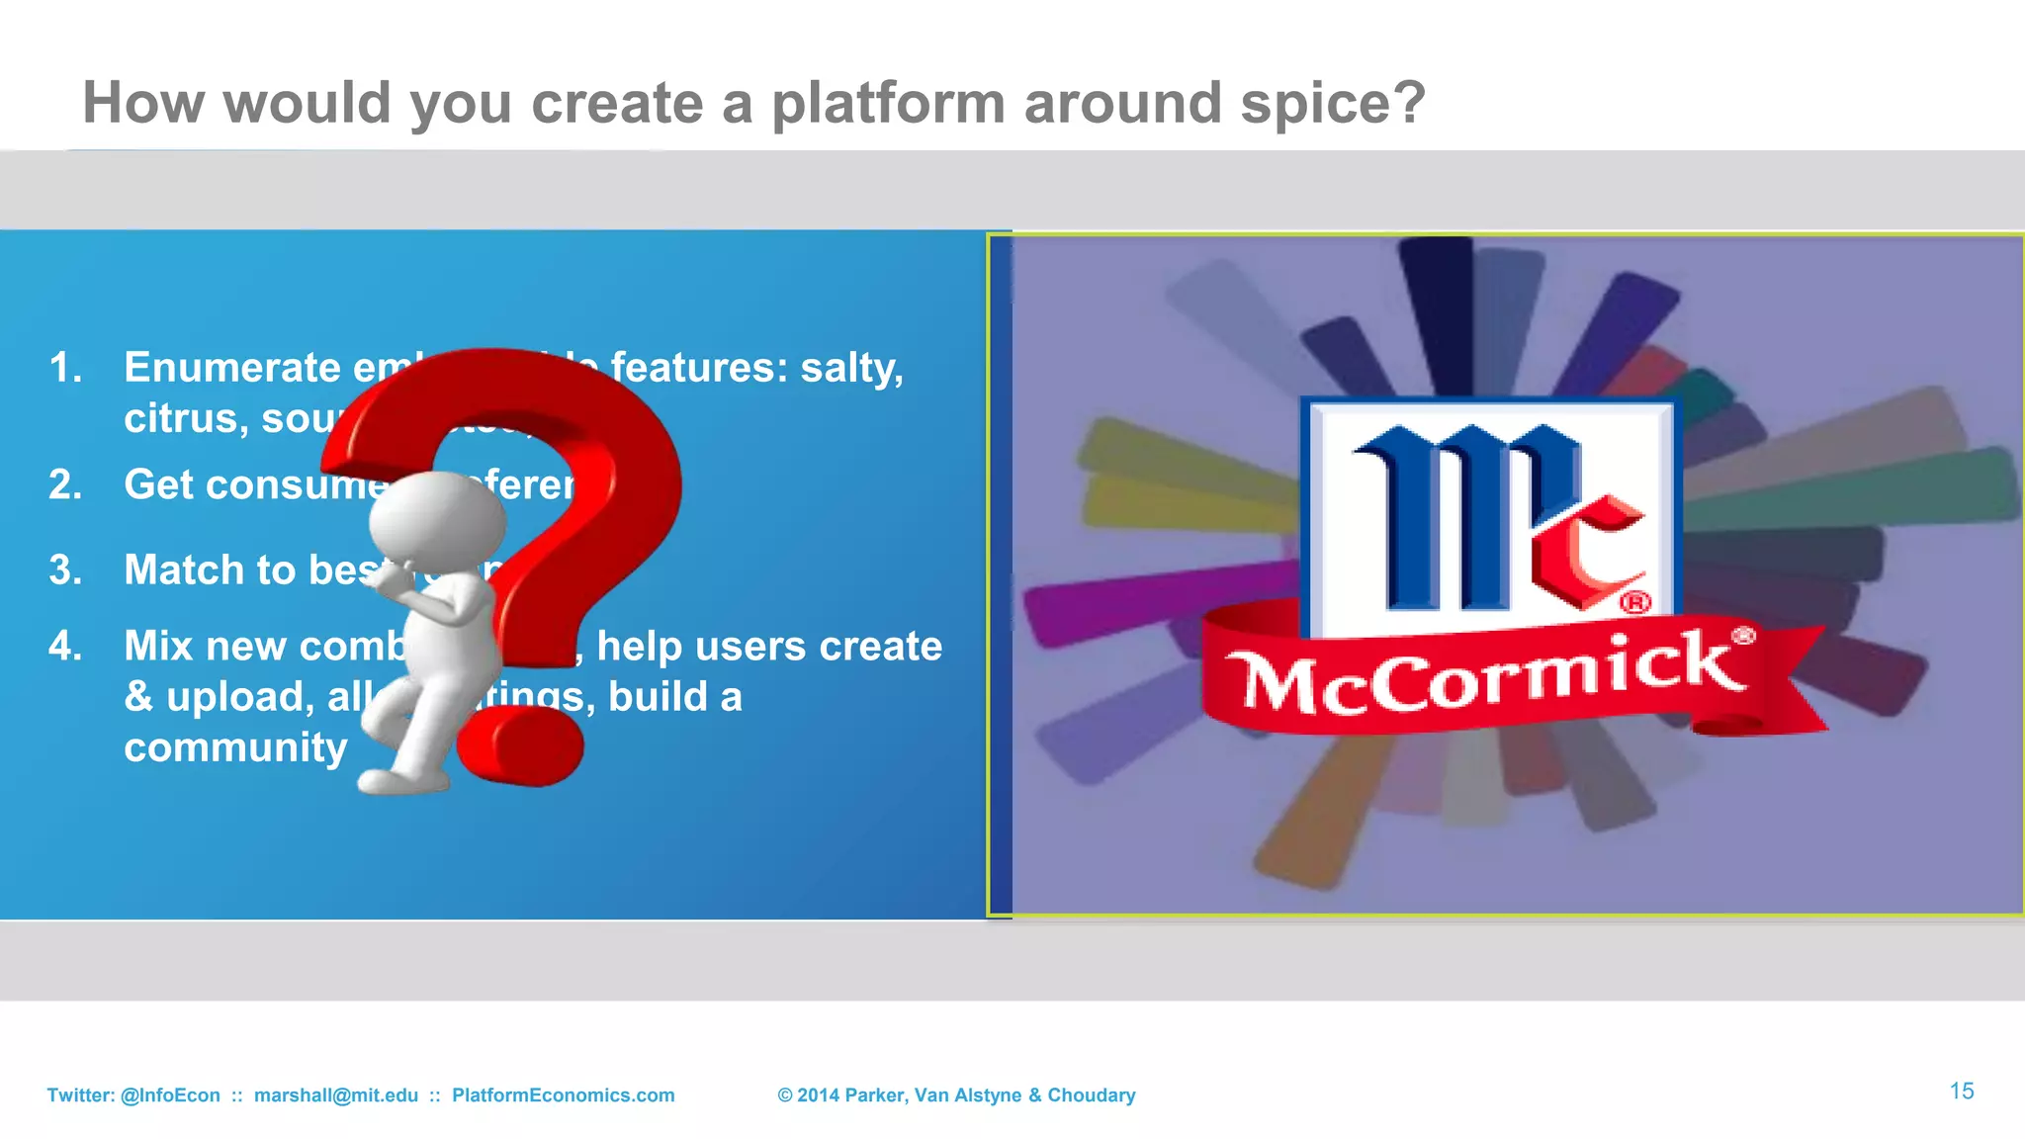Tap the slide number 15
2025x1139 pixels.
click(x=1962, y=1091)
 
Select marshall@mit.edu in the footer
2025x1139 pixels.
click(x=336, y=1095)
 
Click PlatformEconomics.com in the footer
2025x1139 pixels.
click(x=563, y=1095)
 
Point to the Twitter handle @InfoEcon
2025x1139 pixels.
click(x=170, y=1095)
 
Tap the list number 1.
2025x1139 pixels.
click(x=65, y=368)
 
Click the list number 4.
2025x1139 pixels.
click(x=65, y=647)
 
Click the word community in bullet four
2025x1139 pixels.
click(x=235, y=747)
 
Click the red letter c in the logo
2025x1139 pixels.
click(x=1587, y=554)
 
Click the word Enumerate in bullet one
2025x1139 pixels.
click(x=232, y=368)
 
